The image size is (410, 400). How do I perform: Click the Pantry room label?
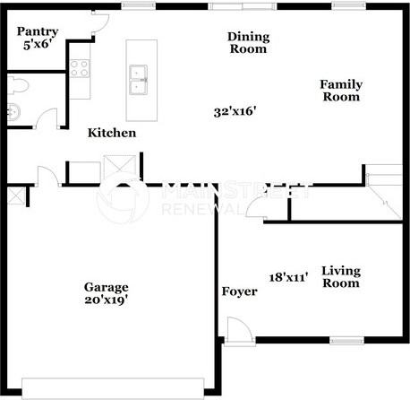click(x=38, y=31)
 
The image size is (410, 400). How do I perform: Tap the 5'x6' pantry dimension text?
click(x=40, y=43)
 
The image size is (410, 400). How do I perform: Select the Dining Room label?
click(x=248, y=43)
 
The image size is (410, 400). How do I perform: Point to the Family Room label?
click(x=342, y=91)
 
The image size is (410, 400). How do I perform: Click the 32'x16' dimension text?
click(x=235, y=112)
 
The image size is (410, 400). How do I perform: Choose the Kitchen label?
click(x=112, y=133)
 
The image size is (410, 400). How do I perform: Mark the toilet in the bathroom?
click(x=18, y=86)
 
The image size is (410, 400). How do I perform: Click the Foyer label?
click(x=240, y=291)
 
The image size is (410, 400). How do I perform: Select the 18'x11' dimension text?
click(x=289, y=277)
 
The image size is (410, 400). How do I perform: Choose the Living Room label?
click(x=340, y=276)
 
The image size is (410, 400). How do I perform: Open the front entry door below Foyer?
click(x=237, y=334)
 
